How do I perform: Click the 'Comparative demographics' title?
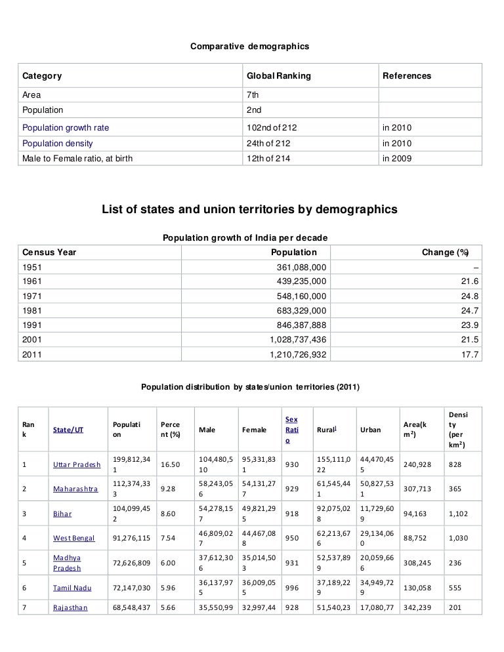(249, 47)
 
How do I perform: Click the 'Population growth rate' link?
(66, 127)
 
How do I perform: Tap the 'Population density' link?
(58, 143)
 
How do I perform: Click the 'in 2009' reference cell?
(398, 159)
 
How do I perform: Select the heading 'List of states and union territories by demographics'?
(249, 210)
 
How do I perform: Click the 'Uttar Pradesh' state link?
(77, 465)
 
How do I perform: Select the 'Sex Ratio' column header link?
(291, 430)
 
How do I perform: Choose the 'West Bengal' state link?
(73, 539)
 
